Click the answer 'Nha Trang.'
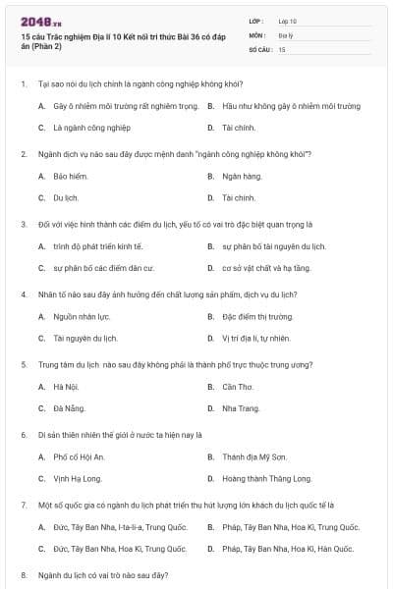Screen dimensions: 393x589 click(x=242, y=407)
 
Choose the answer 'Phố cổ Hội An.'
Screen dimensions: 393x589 click(x=80, y=456)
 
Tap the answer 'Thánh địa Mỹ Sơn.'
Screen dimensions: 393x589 click(x=254, y=456)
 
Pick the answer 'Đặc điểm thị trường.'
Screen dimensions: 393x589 click(x=258, y=316)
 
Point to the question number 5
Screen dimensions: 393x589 click(x=24, y=364)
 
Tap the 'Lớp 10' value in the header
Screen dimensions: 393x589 click(x=288, y=20)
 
